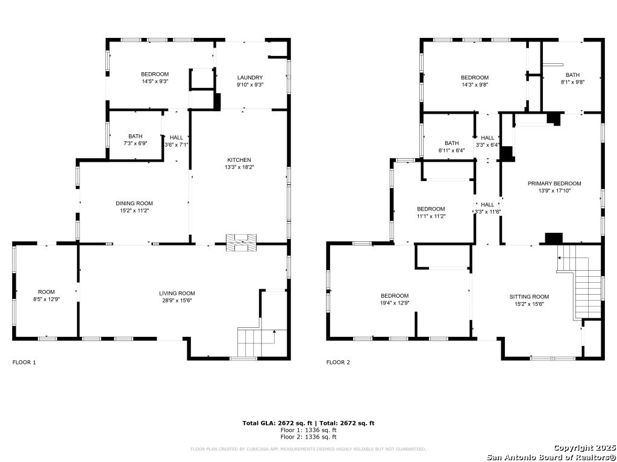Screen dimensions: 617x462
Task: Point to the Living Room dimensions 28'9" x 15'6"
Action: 177,301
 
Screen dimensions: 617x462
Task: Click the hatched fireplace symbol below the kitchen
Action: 241,242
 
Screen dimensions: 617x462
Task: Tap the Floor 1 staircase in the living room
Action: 257,342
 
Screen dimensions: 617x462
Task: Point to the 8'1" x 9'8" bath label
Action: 572,78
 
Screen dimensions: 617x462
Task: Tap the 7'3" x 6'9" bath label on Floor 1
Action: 136,140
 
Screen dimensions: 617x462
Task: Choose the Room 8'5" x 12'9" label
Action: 46,295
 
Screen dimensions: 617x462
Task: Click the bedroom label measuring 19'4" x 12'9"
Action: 395,299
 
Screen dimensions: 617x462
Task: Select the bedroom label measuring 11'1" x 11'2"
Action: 431,212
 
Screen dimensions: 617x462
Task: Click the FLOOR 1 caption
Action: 24,362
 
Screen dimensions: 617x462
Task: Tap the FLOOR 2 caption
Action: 338,362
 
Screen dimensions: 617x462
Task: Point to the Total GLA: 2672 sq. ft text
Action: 277,423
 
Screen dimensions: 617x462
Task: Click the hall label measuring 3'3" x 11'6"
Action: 487,208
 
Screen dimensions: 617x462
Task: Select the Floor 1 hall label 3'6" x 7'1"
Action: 177,141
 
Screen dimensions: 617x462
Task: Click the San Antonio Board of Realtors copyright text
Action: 551,457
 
